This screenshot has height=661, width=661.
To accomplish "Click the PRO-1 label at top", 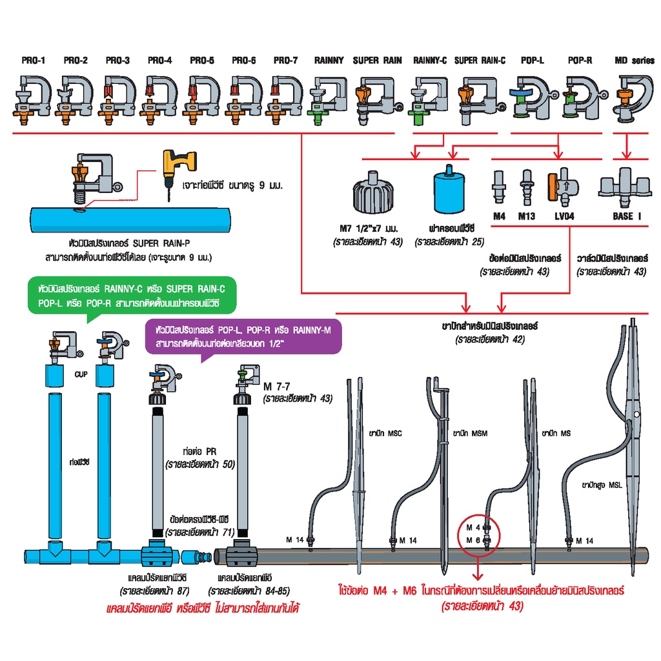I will tap(34, 61).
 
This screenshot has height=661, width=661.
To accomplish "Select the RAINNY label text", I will tap(329, 61).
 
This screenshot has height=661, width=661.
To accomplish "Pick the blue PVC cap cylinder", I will tap(449, 191).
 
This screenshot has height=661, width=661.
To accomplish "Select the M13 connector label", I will tap(527, 216).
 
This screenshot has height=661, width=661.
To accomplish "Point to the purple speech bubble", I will tap(245, 338).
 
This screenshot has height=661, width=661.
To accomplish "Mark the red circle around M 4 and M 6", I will tap(478, 536).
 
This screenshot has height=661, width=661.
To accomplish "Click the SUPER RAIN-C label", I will tap(480, 61).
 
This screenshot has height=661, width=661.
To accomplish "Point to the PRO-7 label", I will tap(286, 61).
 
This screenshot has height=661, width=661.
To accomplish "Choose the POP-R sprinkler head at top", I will tap(580, 96).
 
